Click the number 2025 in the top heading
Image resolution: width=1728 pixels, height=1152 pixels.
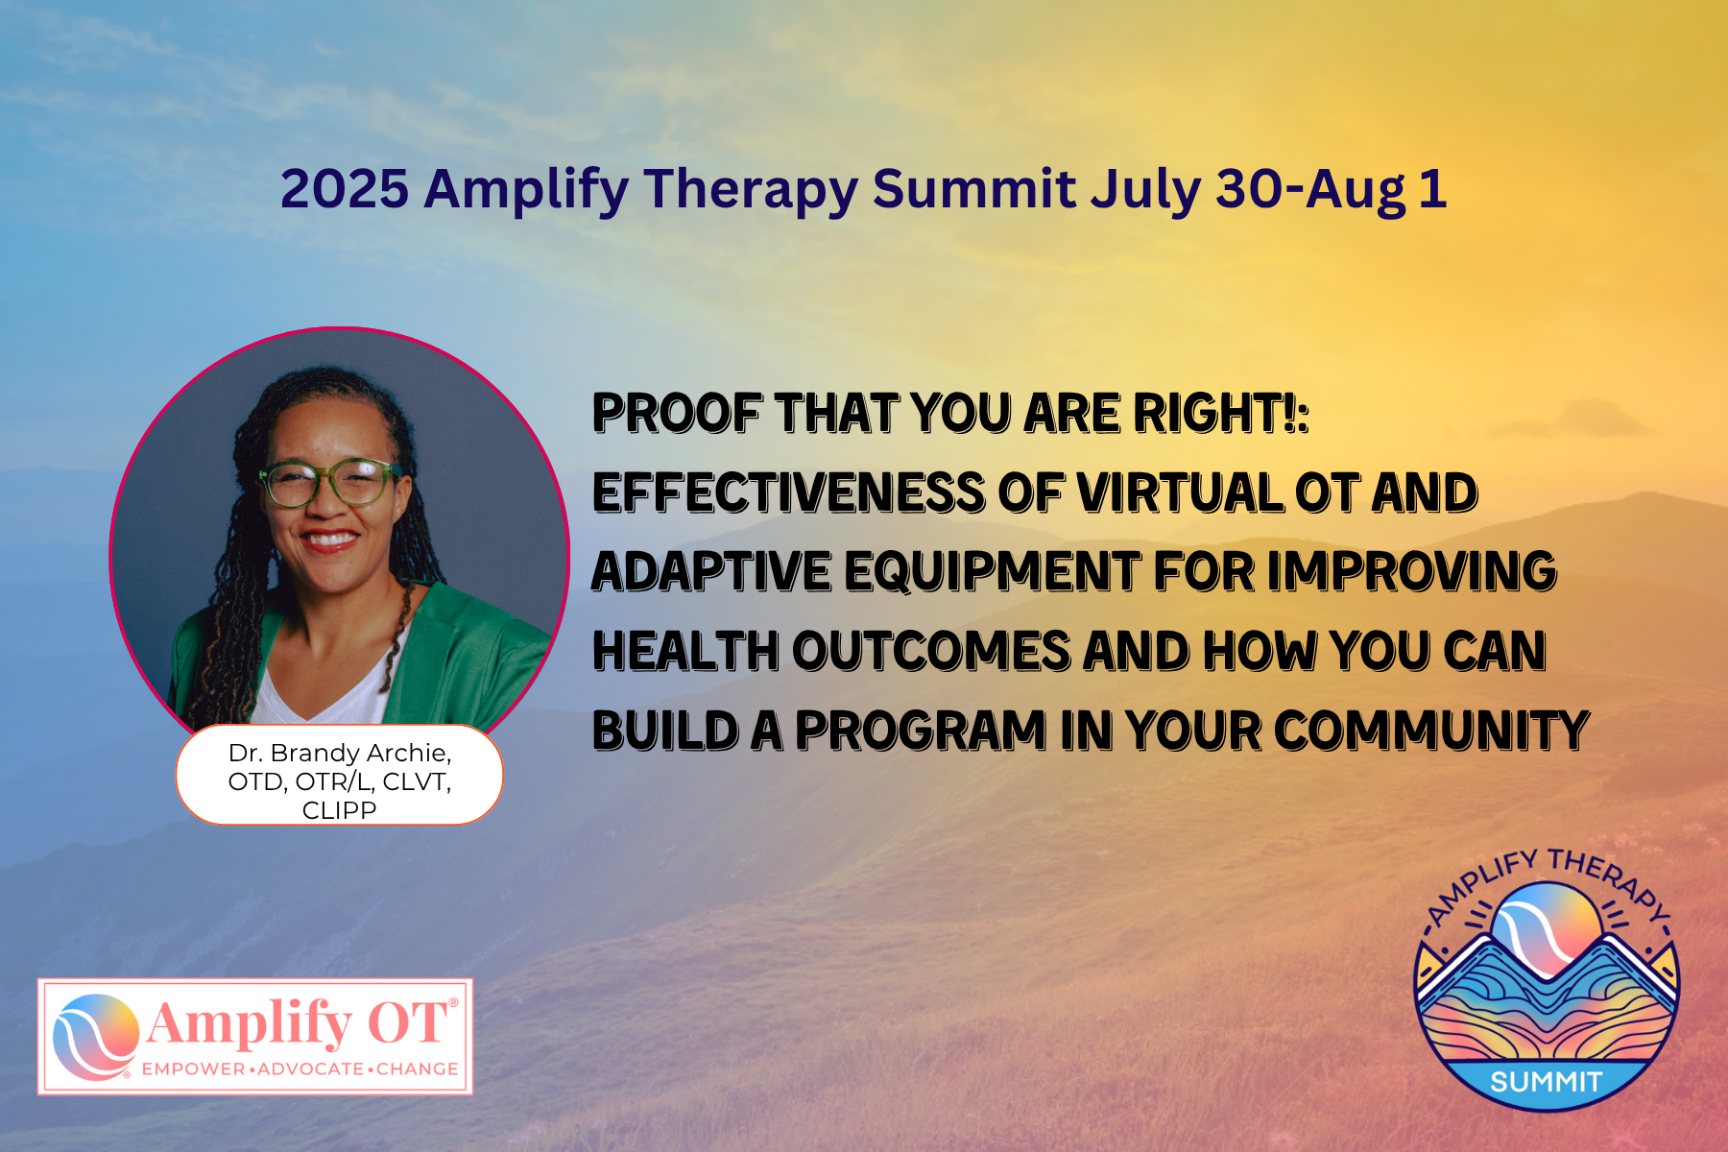(345, 188)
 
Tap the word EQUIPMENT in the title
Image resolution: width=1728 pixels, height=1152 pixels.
(992, 571)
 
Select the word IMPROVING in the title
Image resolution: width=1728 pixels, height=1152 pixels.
(1411, 571)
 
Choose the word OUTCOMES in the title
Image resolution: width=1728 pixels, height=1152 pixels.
(931, 651)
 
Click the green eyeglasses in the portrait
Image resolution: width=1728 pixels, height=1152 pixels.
(330, 483)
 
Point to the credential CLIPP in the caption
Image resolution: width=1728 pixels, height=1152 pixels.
(339, 810)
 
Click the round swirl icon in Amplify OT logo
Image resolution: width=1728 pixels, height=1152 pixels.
(95, 1037)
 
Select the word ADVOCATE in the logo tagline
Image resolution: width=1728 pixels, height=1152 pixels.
(310, 1068)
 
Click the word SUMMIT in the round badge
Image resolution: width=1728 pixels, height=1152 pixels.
(1546, 1082)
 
